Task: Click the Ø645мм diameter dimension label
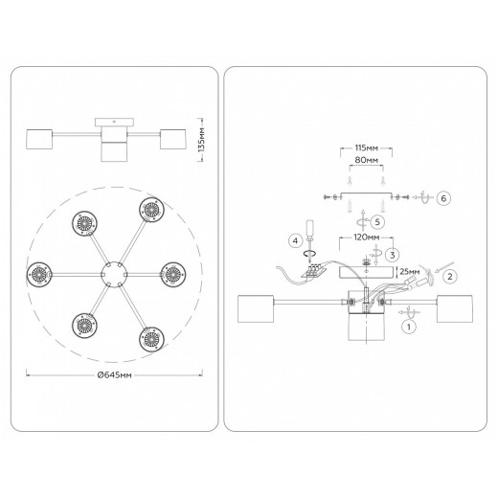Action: click(114, 375)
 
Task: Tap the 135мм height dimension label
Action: click(201, 140)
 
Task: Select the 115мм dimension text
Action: click(367, 148)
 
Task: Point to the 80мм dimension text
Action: click(367, 160)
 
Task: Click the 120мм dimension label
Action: click(367, 238)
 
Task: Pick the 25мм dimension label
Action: click(410, 272)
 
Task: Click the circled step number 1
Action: click(409, 327)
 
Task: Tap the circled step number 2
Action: click(450, 276)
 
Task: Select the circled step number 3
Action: click(392, 255)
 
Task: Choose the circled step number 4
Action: click(295, 240)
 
